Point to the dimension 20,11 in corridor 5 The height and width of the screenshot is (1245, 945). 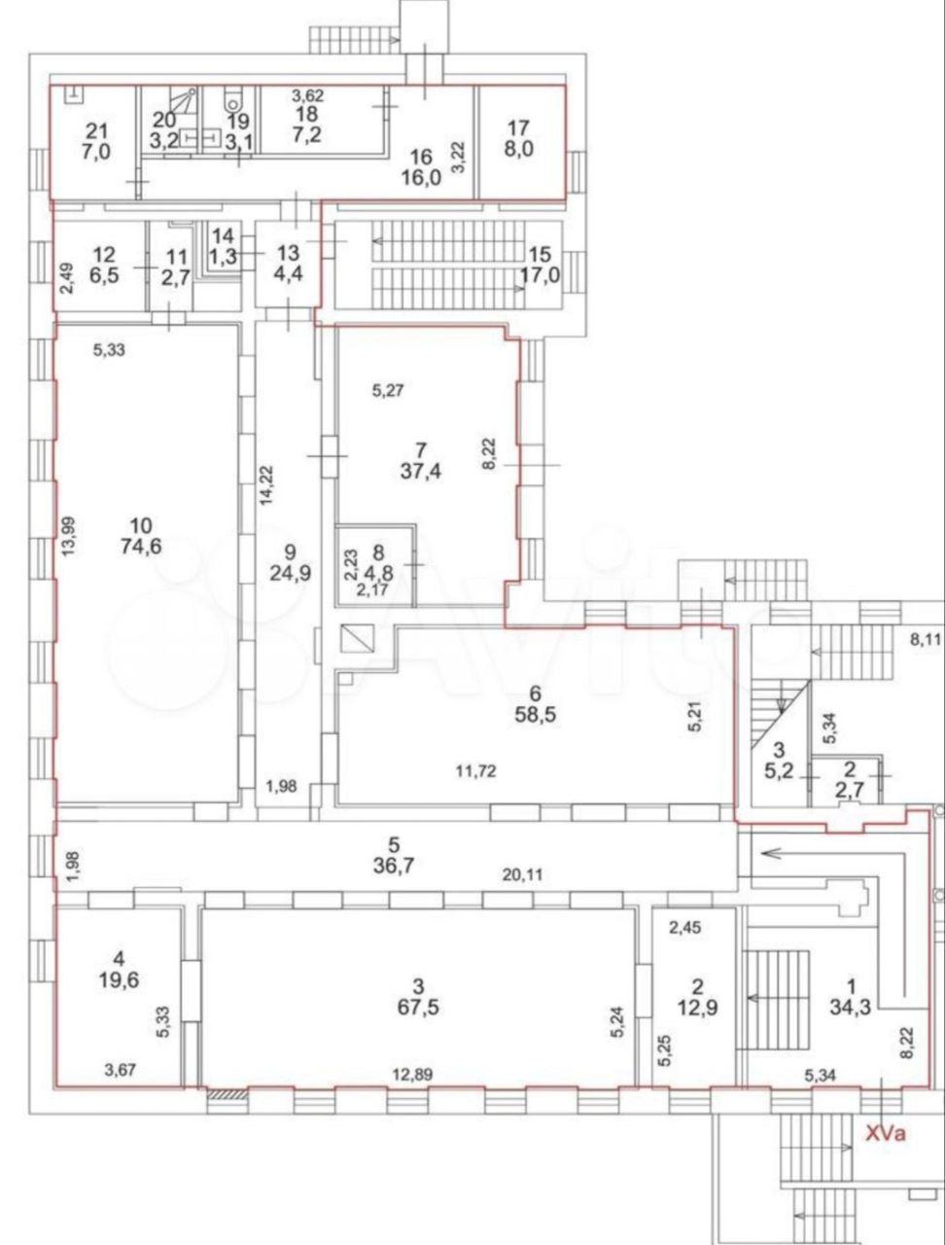tap(522, 875)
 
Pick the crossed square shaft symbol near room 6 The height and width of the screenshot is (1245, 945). tap(358, 637)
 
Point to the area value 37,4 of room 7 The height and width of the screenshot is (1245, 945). tap(421, 472)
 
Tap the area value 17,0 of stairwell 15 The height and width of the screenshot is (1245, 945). tap(541, 275)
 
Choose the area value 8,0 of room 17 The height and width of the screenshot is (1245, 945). tap(519, 150)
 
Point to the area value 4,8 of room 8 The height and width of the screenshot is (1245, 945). tap(378, 571)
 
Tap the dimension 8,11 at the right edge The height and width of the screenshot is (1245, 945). tap(926, 640)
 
